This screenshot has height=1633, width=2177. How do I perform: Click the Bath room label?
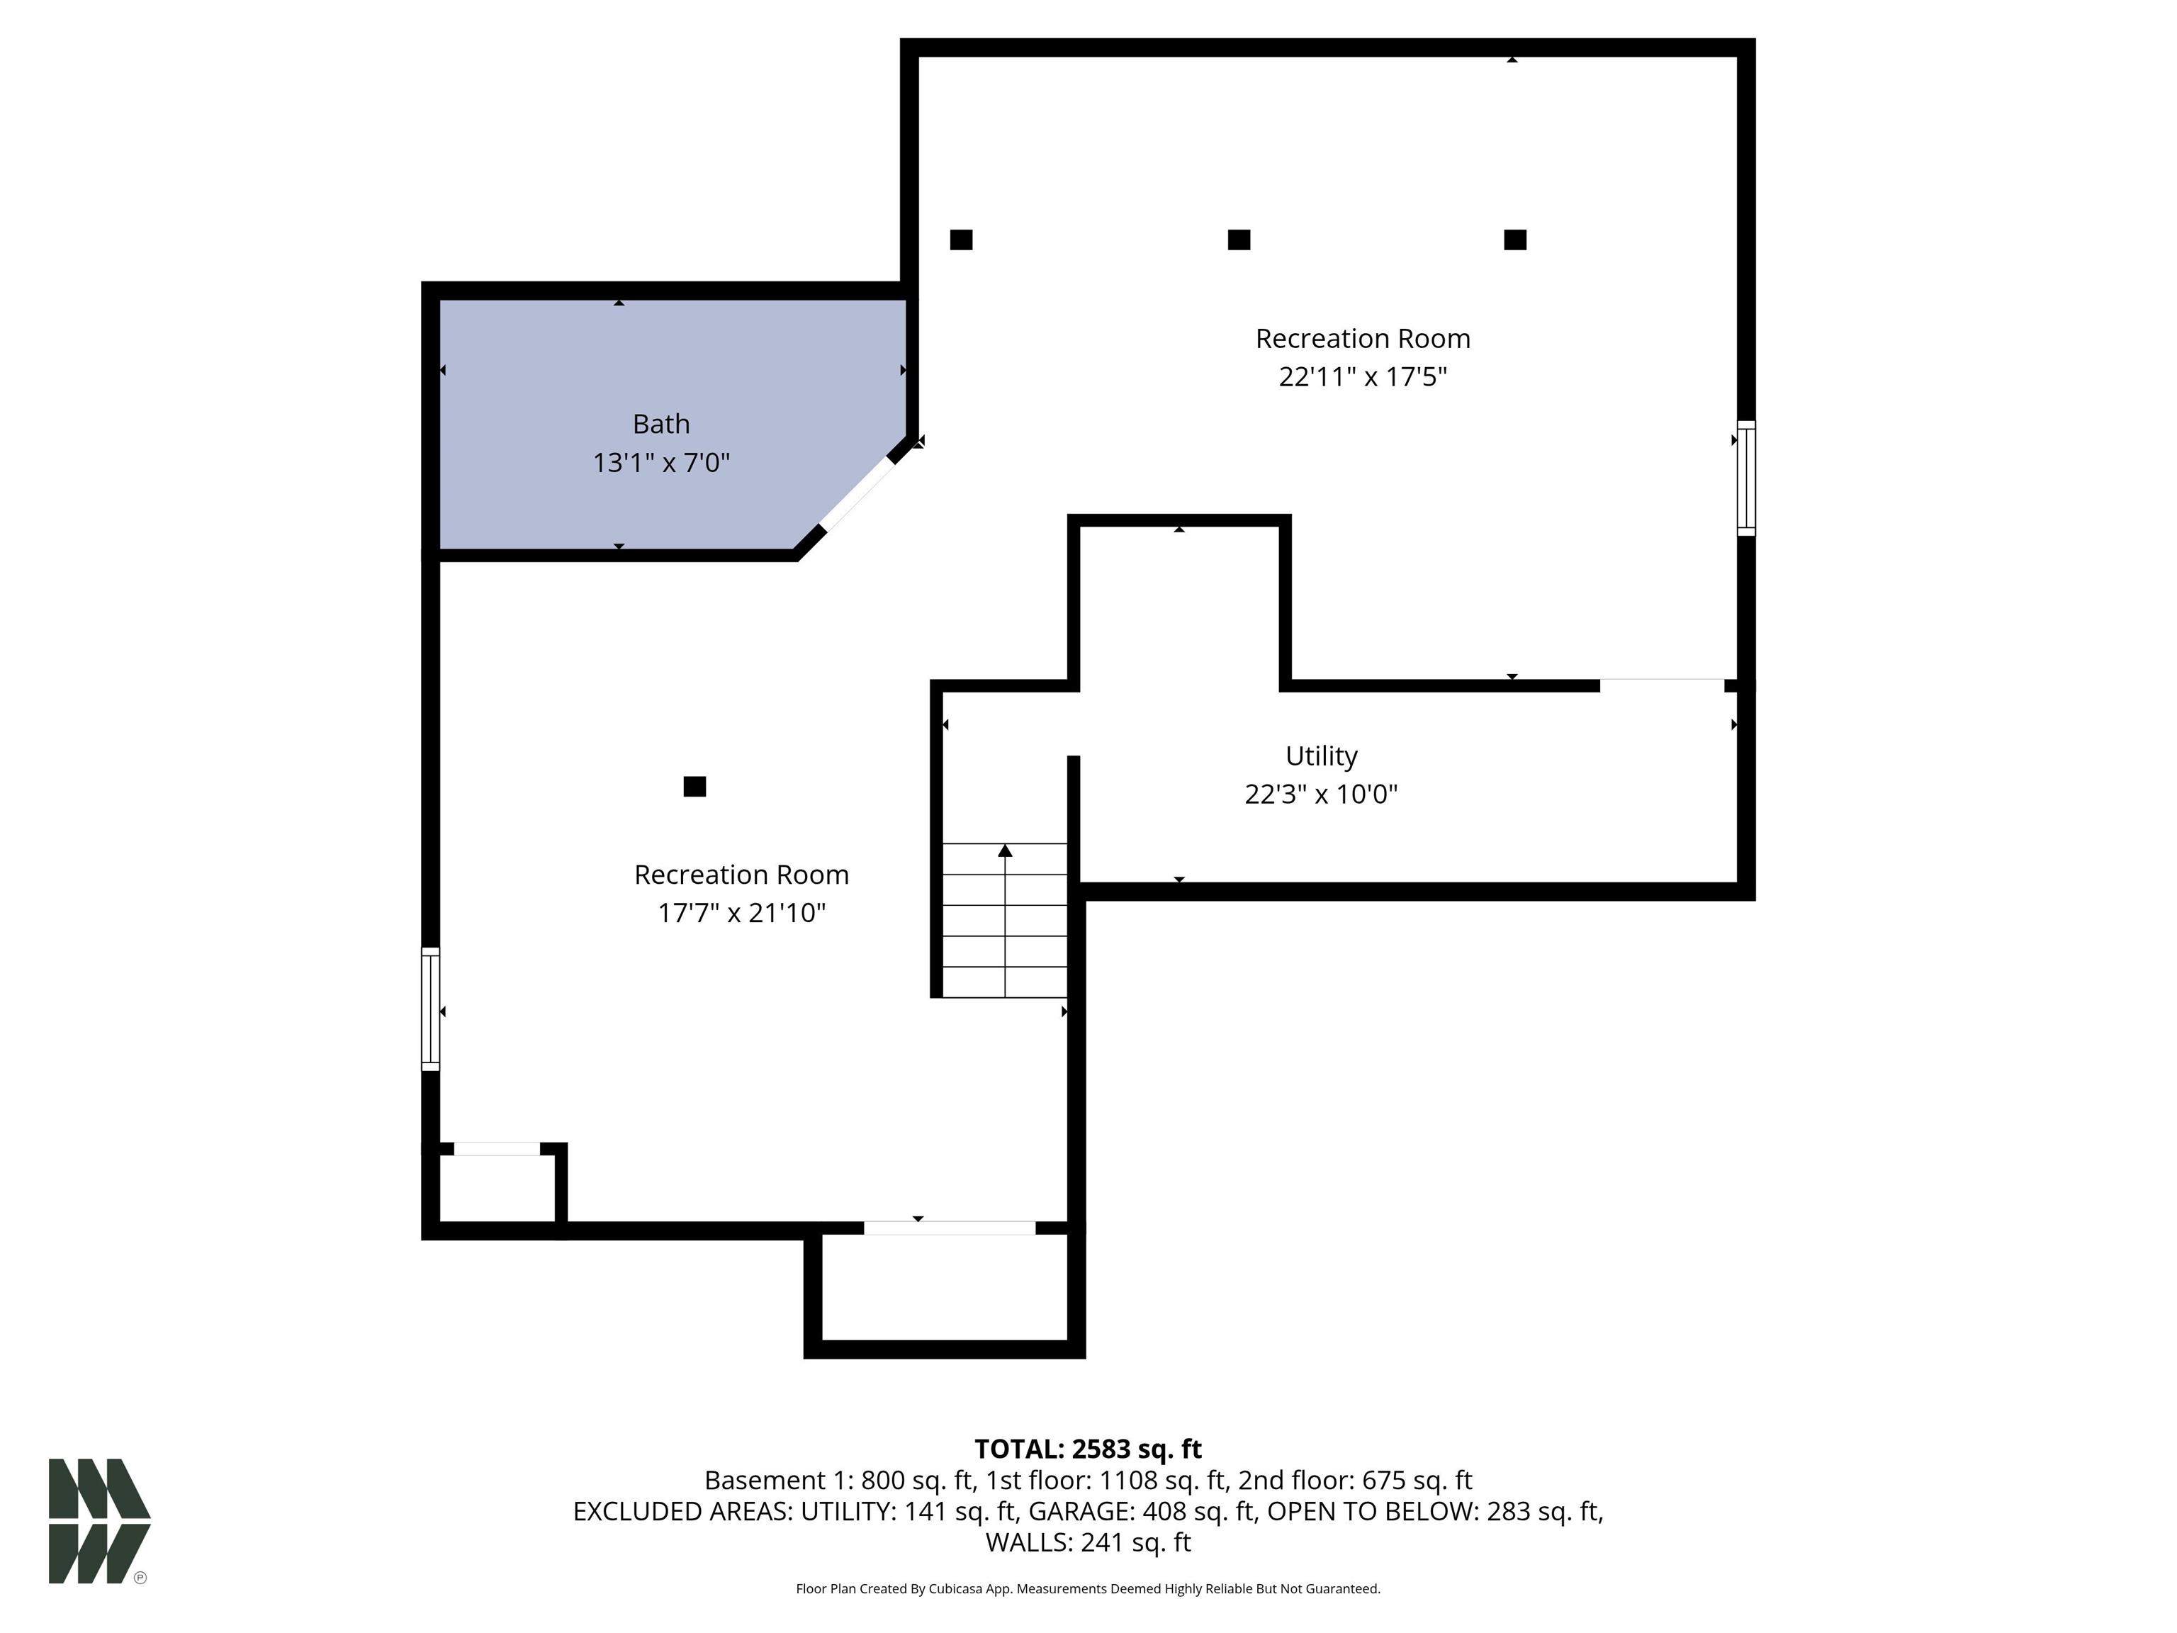point(660,425)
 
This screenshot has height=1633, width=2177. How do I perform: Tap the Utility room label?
point(1321,756)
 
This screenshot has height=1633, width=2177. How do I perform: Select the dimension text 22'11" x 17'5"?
point(1362,377)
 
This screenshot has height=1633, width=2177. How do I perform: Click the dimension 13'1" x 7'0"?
point(660,463)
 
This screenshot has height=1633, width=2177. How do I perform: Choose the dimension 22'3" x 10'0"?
point(1321,795)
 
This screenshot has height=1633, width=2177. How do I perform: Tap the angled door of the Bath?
point(858,495)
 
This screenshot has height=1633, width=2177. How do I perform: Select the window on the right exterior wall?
point(1746,478)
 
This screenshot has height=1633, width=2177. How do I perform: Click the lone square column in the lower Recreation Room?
point(694,787)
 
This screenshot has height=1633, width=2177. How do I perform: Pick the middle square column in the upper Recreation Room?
point(1239,239)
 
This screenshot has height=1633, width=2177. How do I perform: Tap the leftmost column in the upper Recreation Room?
point(962,239)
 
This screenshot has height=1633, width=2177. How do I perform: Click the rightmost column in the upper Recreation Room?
point(1516,239)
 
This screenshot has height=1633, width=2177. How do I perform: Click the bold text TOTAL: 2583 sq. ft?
point(1088,1449)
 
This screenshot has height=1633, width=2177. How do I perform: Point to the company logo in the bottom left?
point(99,1521)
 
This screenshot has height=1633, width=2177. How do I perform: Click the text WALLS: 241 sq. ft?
point(1088,1542)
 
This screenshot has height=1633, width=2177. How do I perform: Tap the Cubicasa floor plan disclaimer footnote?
point(1088,1589)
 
